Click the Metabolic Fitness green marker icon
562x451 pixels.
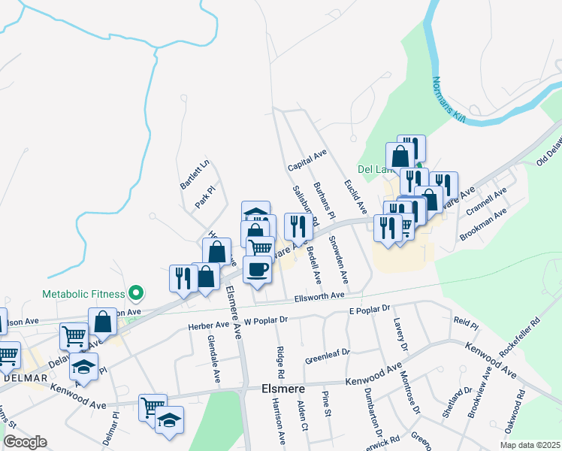(x=136, y=292)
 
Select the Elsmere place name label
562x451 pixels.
(x=281, y=389)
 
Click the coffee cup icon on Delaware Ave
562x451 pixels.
(x=258, y=268)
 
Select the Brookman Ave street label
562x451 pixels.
(x=484, y=224)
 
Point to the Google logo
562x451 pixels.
(x=25, y=442)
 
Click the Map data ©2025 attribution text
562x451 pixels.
(x=530, y=446)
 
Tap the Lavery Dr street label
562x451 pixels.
(x=398, y=334)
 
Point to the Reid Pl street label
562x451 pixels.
(x=466, y=324)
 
